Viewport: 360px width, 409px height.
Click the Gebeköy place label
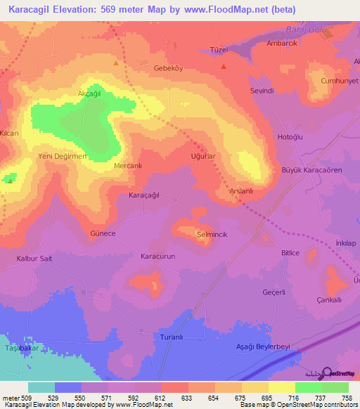point(168,68)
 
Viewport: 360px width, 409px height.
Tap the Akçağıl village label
point(79,93)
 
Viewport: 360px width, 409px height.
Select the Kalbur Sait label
point(34,258)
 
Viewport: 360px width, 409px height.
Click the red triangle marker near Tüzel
point(224,67)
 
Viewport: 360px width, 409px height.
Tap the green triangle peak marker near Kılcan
point(10,179)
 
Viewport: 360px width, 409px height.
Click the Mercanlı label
point(128,166)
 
